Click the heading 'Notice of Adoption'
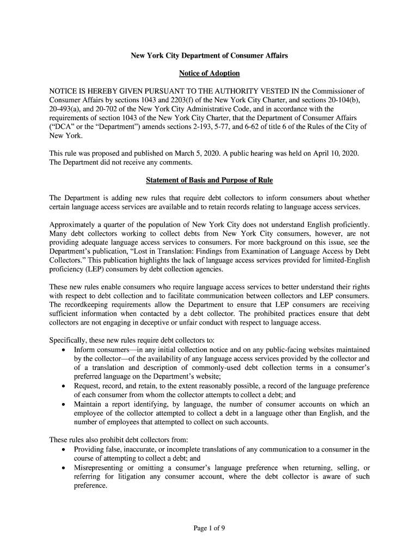click(209, 73)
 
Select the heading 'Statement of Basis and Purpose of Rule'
click(209, 180)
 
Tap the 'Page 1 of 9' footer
click(209, 527)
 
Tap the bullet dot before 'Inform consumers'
click(65, 350)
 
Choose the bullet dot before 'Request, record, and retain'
click(65, 386)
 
